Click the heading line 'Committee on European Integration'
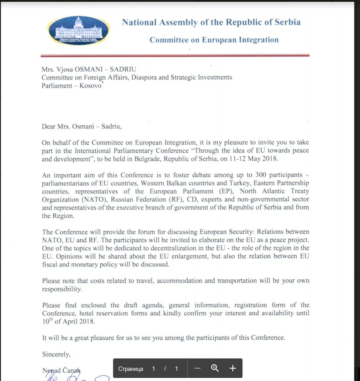click(x=214, y=40)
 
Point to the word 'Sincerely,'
click(x=57, y=354)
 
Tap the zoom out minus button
click(x=197, y=369)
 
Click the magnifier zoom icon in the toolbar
click(x=215, y=369)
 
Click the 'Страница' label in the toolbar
click(x=130, y=369)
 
